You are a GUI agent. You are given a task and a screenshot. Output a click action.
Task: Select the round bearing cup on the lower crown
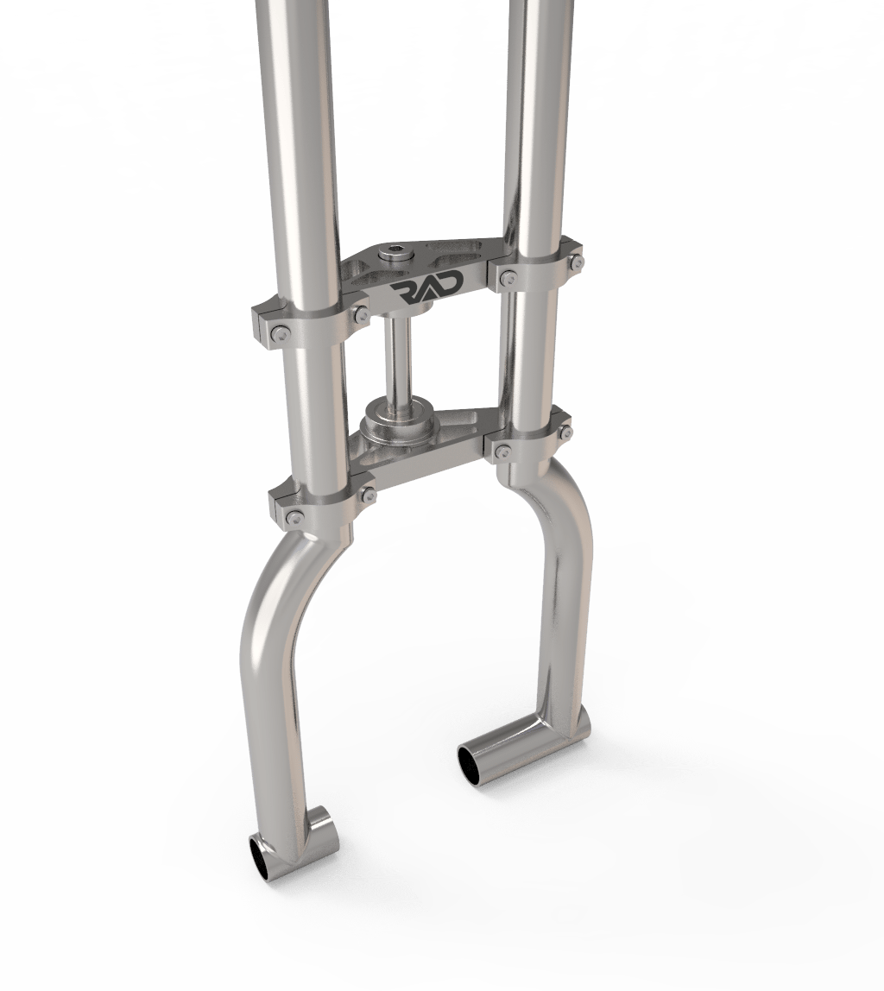[x=395, y=422]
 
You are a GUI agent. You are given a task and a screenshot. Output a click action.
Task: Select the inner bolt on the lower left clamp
[x=369, y=494]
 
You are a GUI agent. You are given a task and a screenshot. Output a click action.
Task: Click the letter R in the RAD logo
[x=403, y=288]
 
